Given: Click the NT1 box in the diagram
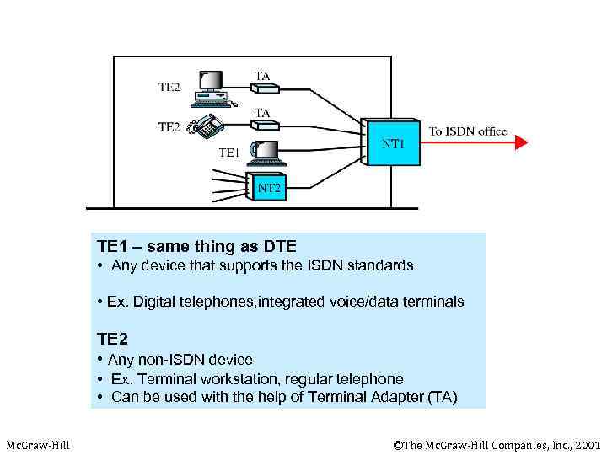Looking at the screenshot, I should [391, 144].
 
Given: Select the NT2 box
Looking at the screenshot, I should [268, 187].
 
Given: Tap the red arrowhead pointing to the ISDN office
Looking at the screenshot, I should [521, 142].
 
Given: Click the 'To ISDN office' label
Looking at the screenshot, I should [468, 131].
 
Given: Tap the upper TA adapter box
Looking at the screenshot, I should [264, 91].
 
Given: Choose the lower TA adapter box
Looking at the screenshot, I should [264, 126].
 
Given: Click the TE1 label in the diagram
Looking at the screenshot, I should [229, 153].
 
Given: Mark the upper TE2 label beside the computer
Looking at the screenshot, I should [169, 86].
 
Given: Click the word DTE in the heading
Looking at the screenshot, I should [278, 247].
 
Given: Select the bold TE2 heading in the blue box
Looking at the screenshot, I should [112, 339].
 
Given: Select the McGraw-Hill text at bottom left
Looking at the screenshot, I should [38, 444].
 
